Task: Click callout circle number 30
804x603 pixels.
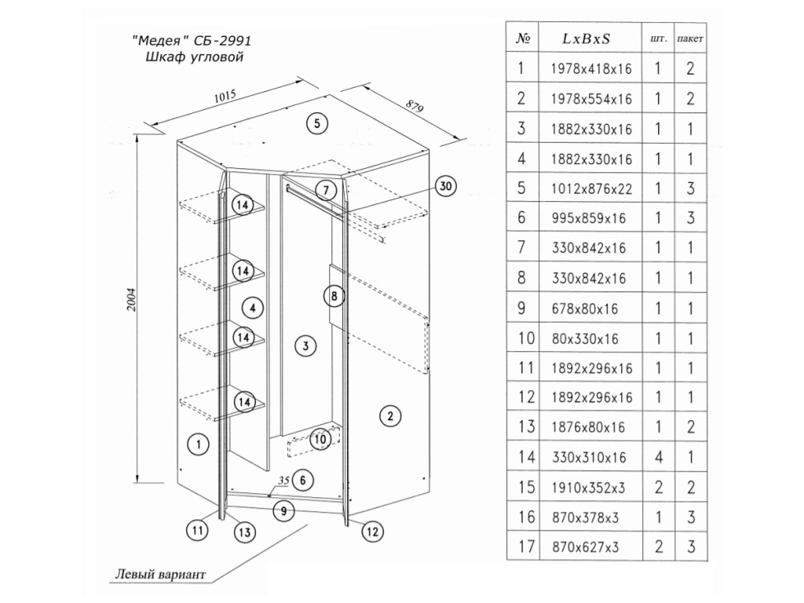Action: click(x=445, y=187)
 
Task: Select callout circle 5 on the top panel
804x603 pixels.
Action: click(x=317, y=124)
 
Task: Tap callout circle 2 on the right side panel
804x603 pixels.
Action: click(x=391, y=416)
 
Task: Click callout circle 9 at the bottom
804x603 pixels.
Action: click(x=282, y=511)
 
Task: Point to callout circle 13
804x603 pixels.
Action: click(x=242, y=532)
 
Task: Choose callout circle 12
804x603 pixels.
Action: click(x=372, y=532)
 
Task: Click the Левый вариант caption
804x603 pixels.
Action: click(x=160, y=573)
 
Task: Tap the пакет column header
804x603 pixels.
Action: click(x=691, y=39)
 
